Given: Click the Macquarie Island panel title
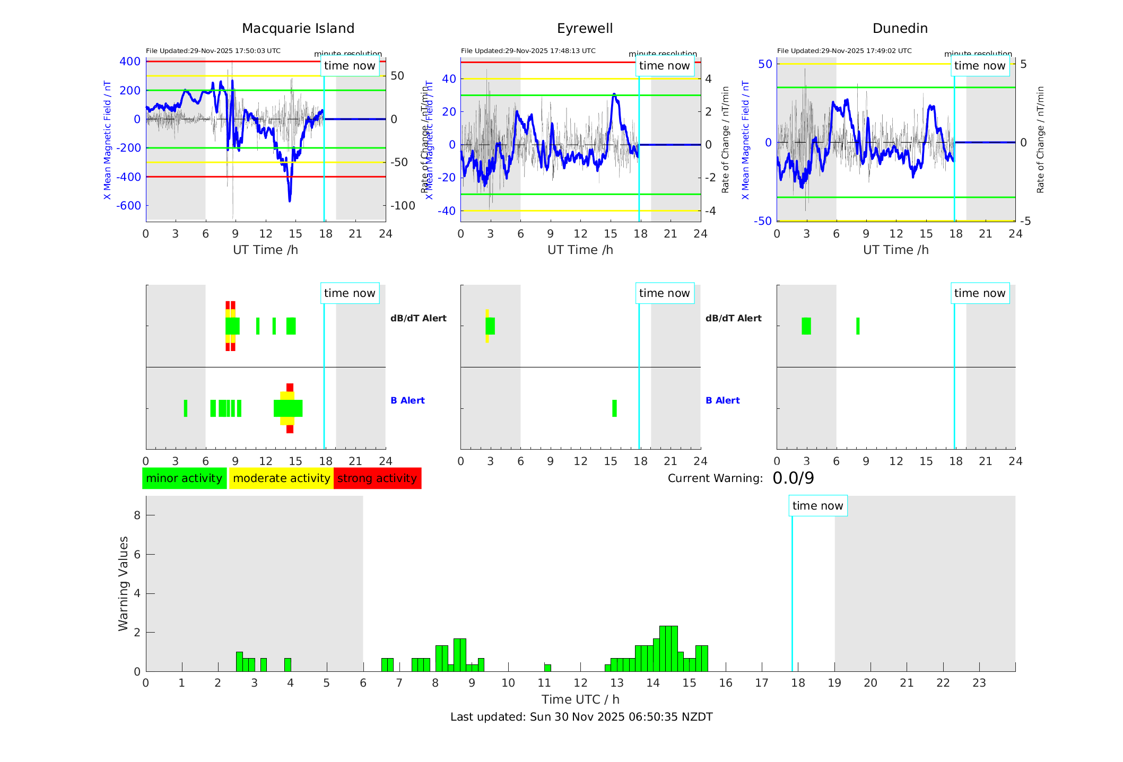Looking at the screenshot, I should (x=298, y=29).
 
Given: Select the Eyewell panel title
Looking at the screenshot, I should (x=585, y=29).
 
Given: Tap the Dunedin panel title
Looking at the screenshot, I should (x=900, y=29).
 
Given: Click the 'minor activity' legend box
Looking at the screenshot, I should (x=184, y=478).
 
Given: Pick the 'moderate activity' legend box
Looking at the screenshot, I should (x=281, y=478).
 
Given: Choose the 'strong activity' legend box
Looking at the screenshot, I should (x=377, y=478).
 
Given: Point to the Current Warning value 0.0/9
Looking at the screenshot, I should (x=793, y=478).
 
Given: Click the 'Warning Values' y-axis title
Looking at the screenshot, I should (x=123, y=583).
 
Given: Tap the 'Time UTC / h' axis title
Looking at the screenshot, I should (x=580, y=699).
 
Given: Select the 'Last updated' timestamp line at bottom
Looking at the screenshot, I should (x=581, y=717).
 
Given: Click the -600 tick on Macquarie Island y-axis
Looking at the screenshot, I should (x=130, y=206).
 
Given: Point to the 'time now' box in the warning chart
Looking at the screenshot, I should (x=817, y=506).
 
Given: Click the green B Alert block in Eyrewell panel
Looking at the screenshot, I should (x=614, y=408).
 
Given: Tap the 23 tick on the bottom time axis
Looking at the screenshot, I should (x=979, y=683).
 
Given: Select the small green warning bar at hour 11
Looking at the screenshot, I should (x=547, y=668).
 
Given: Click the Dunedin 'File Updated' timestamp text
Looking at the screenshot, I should (x=844, y=51).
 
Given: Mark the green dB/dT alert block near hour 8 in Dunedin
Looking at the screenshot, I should (x=858, y=326).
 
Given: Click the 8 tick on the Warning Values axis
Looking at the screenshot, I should (x=137, y=515).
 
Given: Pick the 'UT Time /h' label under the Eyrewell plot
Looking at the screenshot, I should (x=580, y=250).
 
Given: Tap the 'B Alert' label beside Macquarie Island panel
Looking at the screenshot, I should (x=407, y=400).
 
